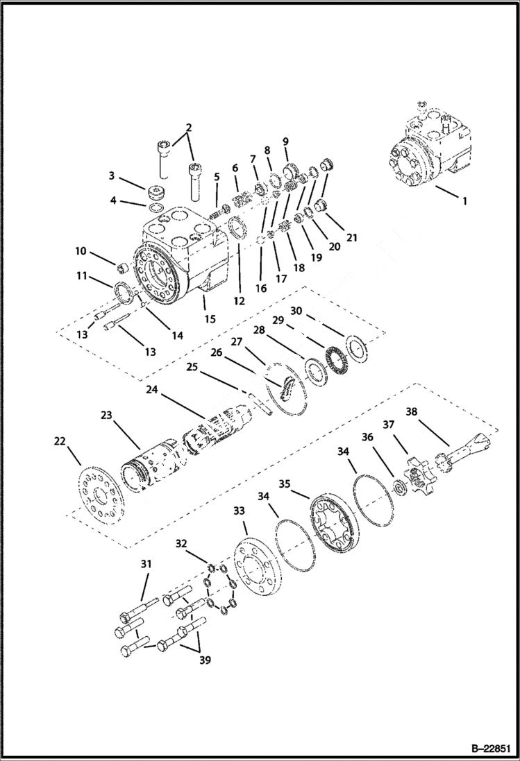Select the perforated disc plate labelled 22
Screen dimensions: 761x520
click(x=97, y=495)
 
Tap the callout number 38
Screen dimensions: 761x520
click(x=411, y=411)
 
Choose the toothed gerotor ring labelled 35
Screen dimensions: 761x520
click(x=336, y=524)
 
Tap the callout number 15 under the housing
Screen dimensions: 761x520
click(x=210, y=319)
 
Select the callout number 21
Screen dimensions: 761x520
click(x=352, y=238)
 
